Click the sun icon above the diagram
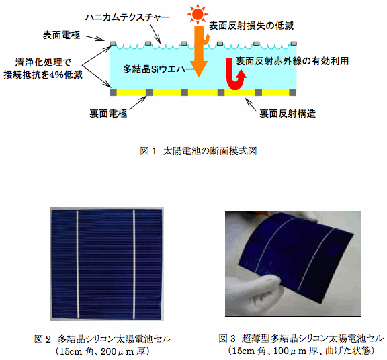point(198,14)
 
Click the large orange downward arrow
point(199,51)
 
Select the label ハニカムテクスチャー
point(128,17)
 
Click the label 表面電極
point(61,35)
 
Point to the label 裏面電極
point(108,114)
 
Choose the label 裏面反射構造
point(288,114)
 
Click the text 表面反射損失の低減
point(251,26)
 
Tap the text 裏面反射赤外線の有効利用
point(292,61)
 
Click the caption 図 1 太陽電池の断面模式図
point(198,151)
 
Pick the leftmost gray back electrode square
point(113,92)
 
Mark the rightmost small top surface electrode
point(294,44)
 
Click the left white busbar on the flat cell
point(78,264)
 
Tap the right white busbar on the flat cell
point(134,264)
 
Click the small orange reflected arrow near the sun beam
point(206,40)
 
